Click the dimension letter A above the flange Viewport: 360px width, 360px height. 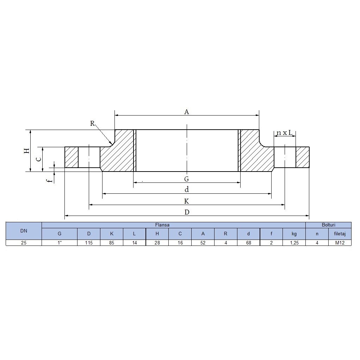pos(187,112)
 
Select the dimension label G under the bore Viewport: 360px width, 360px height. pos(187,179)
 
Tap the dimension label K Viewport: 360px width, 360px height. pos(187,201)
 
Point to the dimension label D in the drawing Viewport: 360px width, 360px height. pos(187,212)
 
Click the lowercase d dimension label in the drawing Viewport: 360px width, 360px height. pos(187,190)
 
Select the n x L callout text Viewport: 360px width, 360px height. pos(285,133)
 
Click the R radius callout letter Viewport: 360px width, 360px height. pos(92,123)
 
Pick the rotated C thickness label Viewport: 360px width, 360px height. pos(39,159)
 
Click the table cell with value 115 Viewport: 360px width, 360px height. pos(89,243)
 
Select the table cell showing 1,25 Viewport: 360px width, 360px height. pos(294,243)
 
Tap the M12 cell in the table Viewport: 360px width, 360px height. pos(340,243)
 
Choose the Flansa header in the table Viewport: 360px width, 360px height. pos(162,225)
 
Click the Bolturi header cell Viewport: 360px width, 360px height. pos(328,225)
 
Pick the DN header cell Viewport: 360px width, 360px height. pos(24,231)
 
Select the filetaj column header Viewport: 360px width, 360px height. pos(340,234)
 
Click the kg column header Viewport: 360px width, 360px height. pos(294,234)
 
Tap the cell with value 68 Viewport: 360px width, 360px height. pos(248,243)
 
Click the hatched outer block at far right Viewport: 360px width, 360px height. pos(302,157)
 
